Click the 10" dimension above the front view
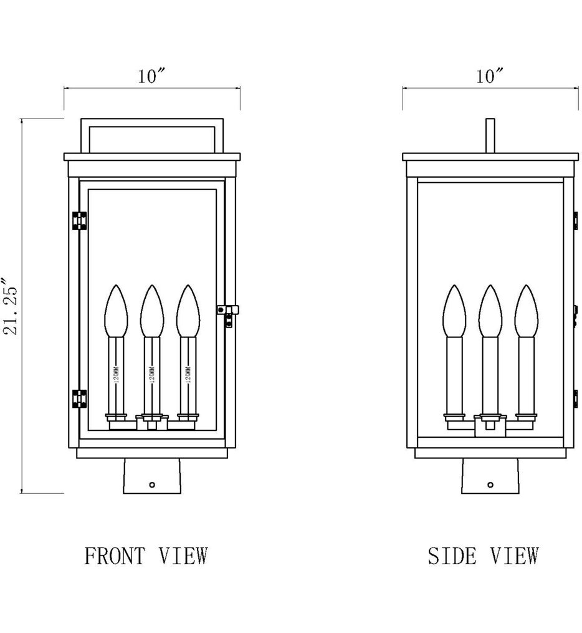(152, 77)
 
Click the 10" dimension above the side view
(490, 77)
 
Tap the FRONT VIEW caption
(145, 555)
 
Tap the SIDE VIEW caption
(483, 555)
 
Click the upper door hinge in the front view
(79, 221)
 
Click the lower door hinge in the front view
(79, 398)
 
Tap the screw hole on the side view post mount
(490, 484)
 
